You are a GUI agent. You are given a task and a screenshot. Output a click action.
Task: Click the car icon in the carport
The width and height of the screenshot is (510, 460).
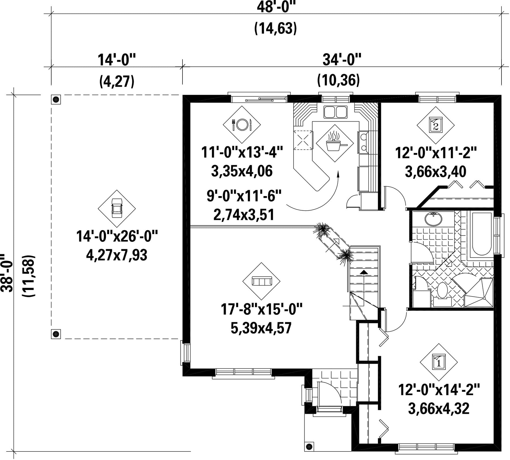pos(117,208)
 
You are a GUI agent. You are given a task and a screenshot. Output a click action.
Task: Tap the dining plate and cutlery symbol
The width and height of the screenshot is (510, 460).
pos(242,124)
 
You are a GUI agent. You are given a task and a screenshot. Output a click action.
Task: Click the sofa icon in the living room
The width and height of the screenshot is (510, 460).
pos(262,281)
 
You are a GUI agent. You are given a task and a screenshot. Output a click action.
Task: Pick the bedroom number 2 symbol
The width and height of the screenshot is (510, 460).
pos(435,125)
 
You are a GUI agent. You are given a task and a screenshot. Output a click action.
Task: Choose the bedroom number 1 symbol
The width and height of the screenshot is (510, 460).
pos(439,362)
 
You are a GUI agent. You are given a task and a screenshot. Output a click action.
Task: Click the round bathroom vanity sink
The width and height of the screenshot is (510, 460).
pos(433,219)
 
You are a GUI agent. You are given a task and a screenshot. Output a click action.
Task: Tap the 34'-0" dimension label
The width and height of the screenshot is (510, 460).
pos(342,60)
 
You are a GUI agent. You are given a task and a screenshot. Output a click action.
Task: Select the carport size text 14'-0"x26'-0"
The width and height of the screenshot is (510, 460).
pos(117,236)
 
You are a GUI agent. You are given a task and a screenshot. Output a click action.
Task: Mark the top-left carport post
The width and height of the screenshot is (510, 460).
pos(56,99)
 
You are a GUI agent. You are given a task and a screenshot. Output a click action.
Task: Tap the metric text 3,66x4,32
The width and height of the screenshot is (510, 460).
pos(439,408)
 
